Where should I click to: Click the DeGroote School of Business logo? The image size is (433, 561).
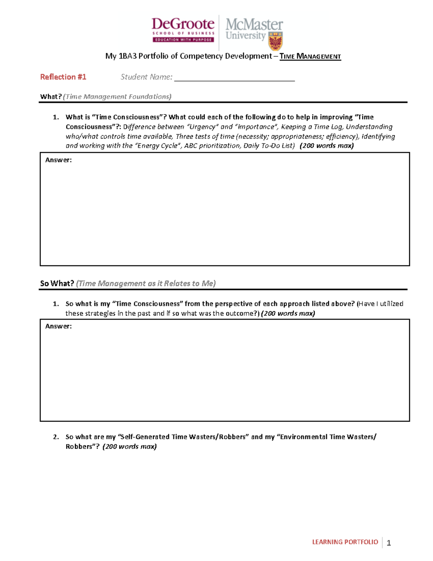(x=183, y=30)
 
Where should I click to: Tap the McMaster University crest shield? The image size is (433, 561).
(x=276, y=41)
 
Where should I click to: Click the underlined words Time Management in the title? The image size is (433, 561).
(x=310, y=56)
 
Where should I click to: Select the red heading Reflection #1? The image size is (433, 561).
(x=63, y=77)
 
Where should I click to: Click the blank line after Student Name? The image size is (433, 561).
(x=235, y=78)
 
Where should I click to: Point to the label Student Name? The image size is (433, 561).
(x=146, y=77)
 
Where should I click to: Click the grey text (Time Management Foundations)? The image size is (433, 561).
(x=117, y=97)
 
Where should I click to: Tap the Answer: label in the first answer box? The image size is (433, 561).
(x=58, y=160)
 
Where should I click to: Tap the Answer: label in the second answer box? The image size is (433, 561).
(x=58, y=326)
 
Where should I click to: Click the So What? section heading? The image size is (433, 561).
(x=57, y=284)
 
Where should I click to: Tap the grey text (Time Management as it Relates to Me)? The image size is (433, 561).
(x=146, y=284)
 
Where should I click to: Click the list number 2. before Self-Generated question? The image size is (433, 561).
(x=56, y=437)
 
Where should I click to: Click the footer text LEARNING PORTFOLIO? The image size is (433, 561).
(x=345, y=542)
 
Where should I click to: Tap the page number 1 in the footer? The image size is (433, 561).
(x=389, y=543)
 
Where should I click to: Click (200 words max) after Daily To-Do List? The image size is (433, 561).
(x=327, y=146)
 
